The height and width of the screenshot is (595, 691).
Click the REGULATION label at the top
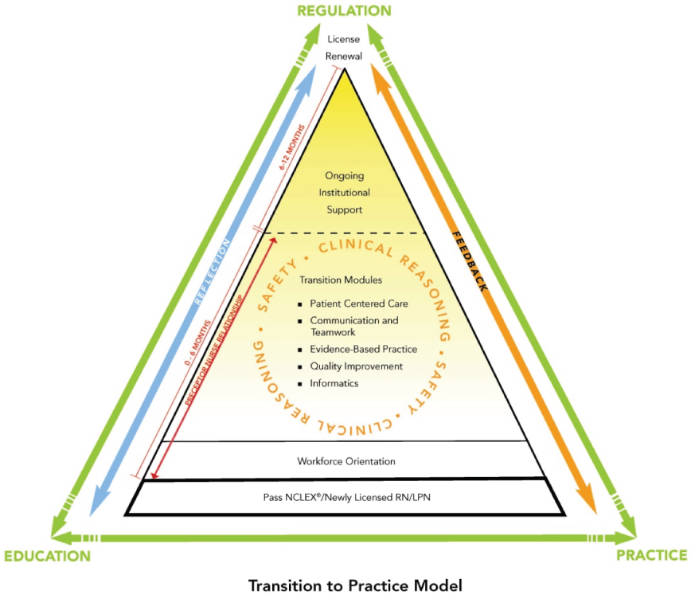point(344,10)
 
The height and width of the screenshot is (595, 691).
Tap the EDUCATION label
point(47,555)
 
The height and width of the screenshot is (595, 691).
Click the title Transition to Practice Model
point(355,585)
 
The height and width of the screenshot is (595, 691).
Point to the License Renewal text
point(345,47)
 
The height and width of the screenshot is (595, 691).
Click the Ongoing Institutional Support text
point(344,193)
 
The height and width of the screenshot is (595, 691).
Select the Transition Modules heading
point(341,280)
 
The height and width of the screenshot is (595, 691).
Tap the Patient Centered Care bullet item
point(359,303)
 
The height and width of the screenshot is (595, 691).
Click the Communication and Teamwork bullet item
point(353,326)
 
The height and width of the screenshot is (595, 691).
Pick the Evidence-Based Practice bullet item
point(363,349)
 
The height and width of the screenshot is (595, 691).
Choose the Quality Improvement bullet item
point(356,366)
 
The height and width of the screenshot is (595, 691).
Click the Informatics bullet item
point(334,383)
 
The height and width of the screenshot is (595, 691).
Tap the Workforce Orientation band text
point(346,461)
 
